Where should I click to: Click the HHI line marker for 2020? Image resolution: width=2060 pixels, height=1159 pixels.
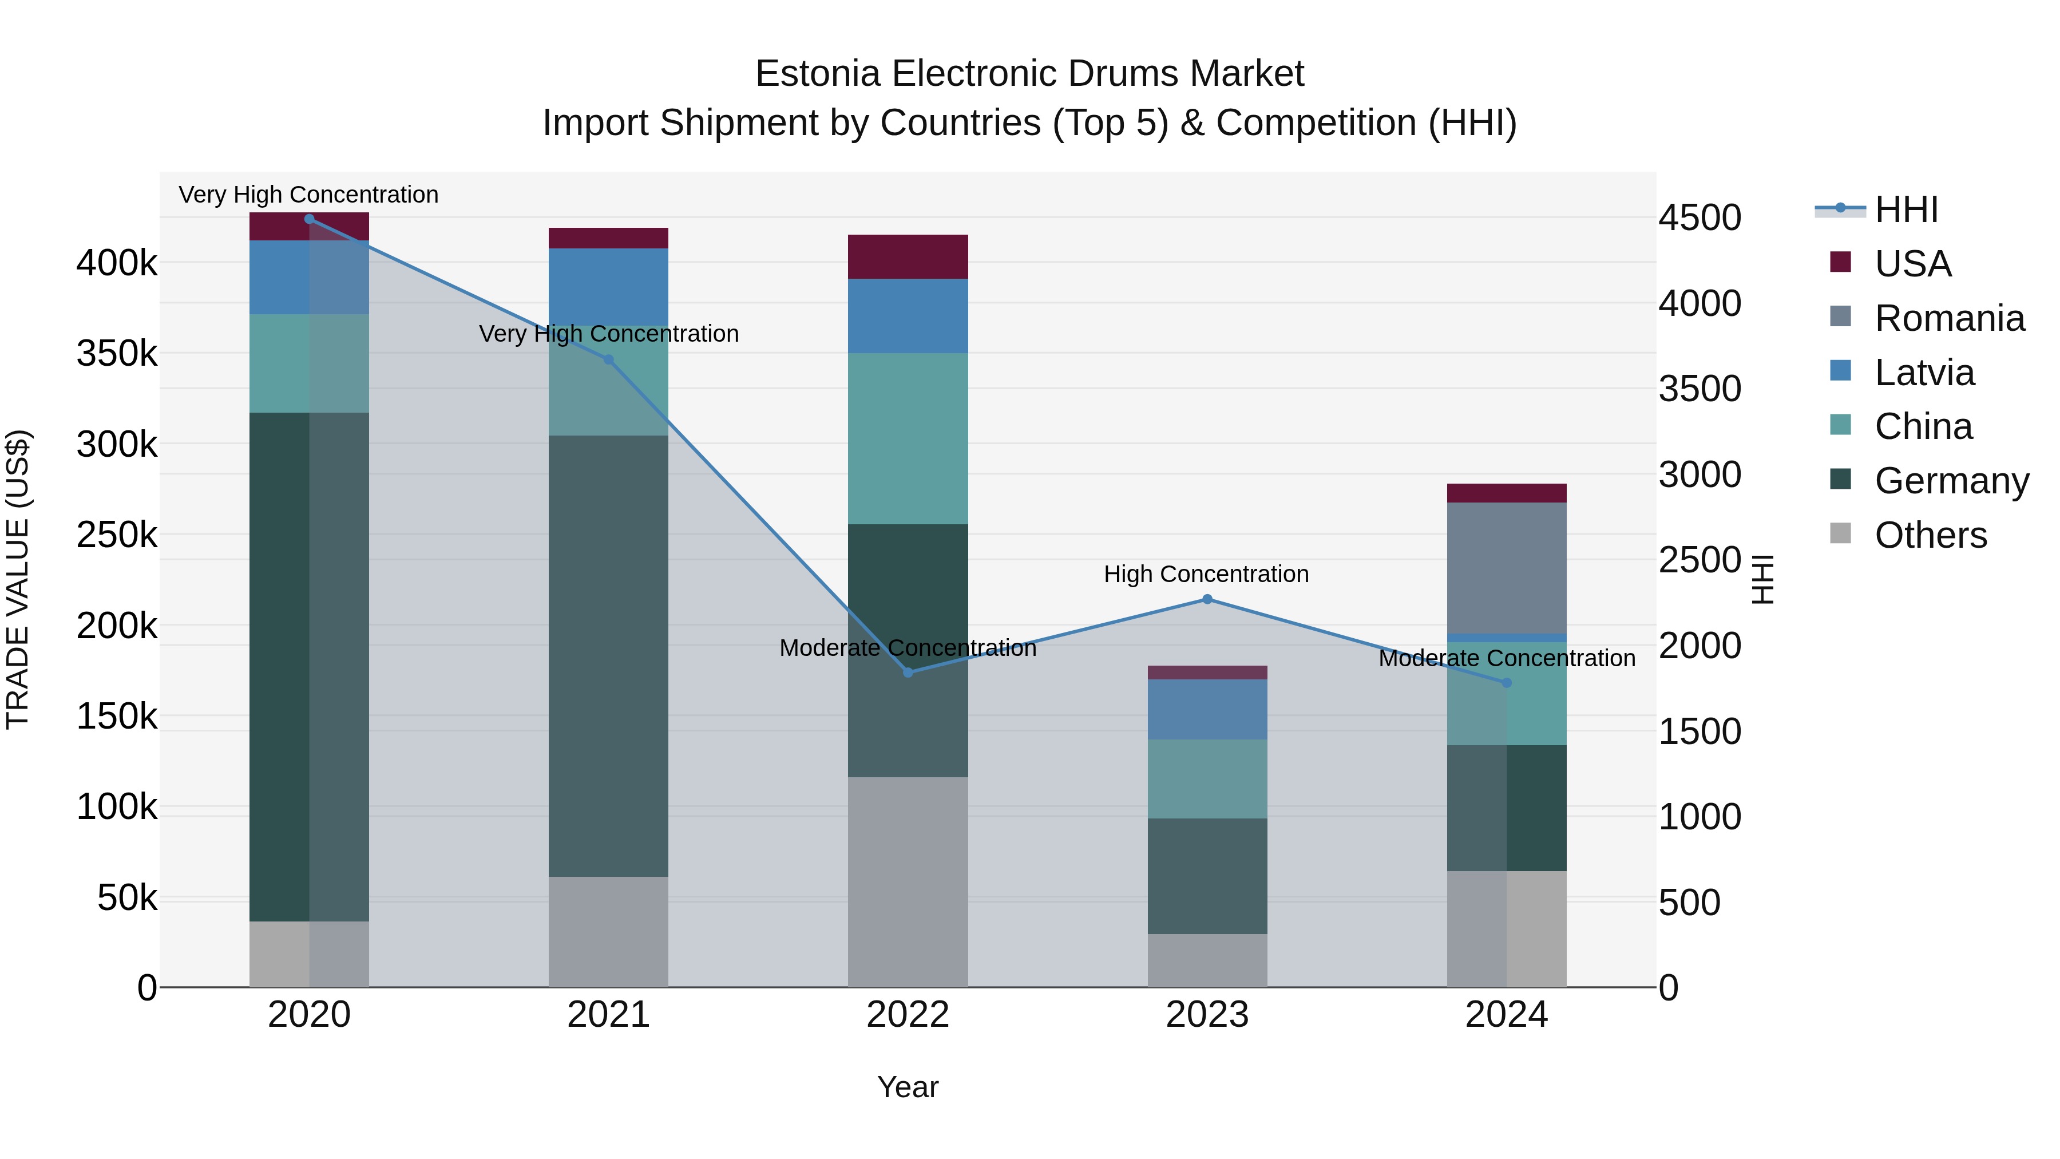[x=310, y=219]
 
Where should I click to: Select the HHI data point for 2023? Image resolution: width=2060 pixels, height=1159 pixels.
[x=1207, y=599]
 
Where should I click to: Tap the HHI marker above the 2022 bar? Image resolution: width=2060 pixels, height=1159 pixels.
[x=908, y=673]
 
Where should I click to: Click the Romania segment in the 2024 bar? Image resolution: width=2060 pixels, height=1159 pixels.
[x=1507, y=568]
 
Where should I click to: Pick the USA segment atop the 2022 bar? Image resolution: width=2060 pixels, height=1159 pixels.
[x=908, y=257]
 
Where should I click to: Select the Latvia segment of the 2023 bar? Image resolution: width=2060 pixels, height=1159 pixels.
[x=1207, y=710]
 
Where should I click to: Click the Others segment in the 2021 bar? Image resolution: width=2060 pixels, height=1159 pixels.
[x=609, y=932]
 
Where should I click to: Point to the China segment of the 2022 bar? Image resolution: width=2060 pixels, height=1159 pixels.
[x=908, y=438]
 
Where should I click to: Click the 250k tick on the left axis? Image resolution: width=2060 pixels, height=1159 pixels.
[x=117, y=535]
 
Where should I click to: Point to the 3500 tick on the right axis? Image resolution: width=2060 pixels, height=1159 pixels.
[x=1699, y=389]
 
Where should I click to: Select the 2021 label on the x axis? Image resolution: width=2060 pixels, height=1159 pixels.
[x=609, y=1015]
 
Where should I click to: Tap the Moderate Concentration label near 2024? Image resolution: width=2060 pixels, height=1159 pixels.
[x=1507, y=658]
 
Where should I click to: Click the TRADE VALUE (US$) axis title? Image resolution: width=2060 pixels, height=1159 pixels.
[x=18, y=579]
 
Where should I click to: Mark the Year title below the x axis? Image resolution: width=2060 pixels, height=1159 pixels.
[x=908, y=1087]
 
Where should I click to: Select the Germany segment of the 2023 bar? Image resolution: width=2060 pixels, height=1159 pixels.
[x=1207, y=876]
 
